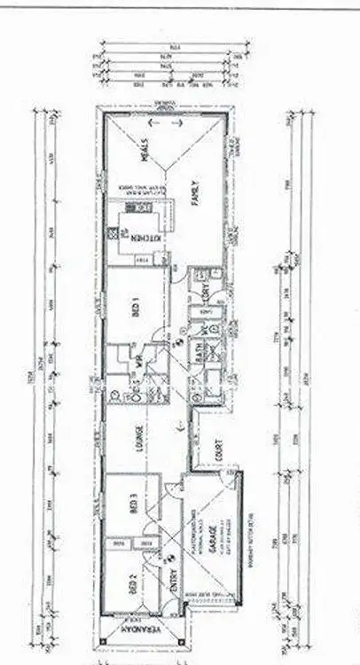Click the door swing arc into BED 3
point(160,493)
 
